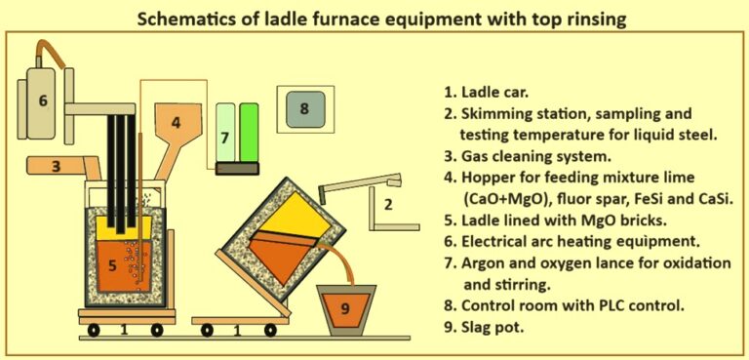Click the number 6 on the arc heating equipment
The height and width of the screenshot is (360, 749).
click(x=42, y=100)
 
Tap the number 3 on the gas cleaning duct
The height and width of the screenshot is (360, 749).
click(x=57, y=167)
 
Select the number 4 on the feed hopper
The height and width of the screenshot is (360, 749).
click(x=176, y=123)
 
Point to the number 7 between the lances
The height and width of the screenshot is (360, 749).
click(x=224, y=139)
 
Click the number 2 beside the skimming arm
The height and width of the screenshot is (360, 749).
click(x=387, y=204)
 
